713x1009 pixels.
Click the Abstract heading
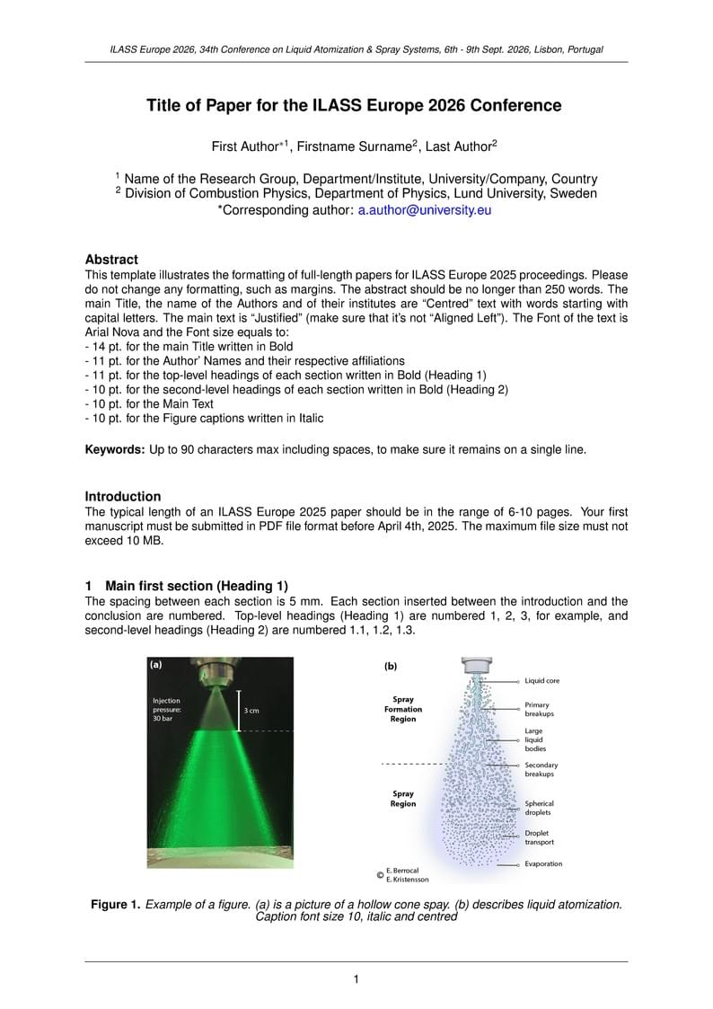(x=111, y=260)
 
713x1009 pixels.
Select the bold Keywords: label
(x=115, y=449)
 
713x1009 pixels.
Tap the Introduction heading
(x=123, y=497)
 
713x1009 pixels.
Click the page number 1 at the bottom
(x=356, y=979)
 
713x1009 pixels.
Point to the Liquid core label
(x=541, y=681)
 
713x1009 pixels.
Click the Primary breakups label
(x=539, y=709)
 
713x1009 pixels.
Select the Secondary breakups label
(x=541, y=769)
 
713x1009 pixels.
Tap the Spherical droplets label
(x=539, y=808)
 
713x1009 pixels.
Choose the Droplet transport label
(x=539, y=837)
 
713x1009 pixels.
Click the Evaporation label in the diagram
(x=543, y=864)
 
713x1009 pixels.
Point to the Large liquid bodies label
(x=535, y=739)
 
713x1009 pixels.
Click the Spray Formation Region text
(x=403, y=709)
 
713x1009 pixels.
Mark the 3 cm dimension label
(x=251, y=710)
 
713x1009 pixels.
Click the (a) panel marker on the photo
(x=155, y=665)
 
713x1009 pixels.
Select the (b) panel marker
(x=391, y=667)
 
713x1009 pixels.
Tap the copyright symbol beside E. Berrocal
(x=380, y=874)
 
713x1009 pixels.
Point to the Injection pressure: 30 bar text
(x=166, y=710)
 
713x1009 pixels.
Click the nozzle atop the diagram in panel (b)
(x=476, y=666)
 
